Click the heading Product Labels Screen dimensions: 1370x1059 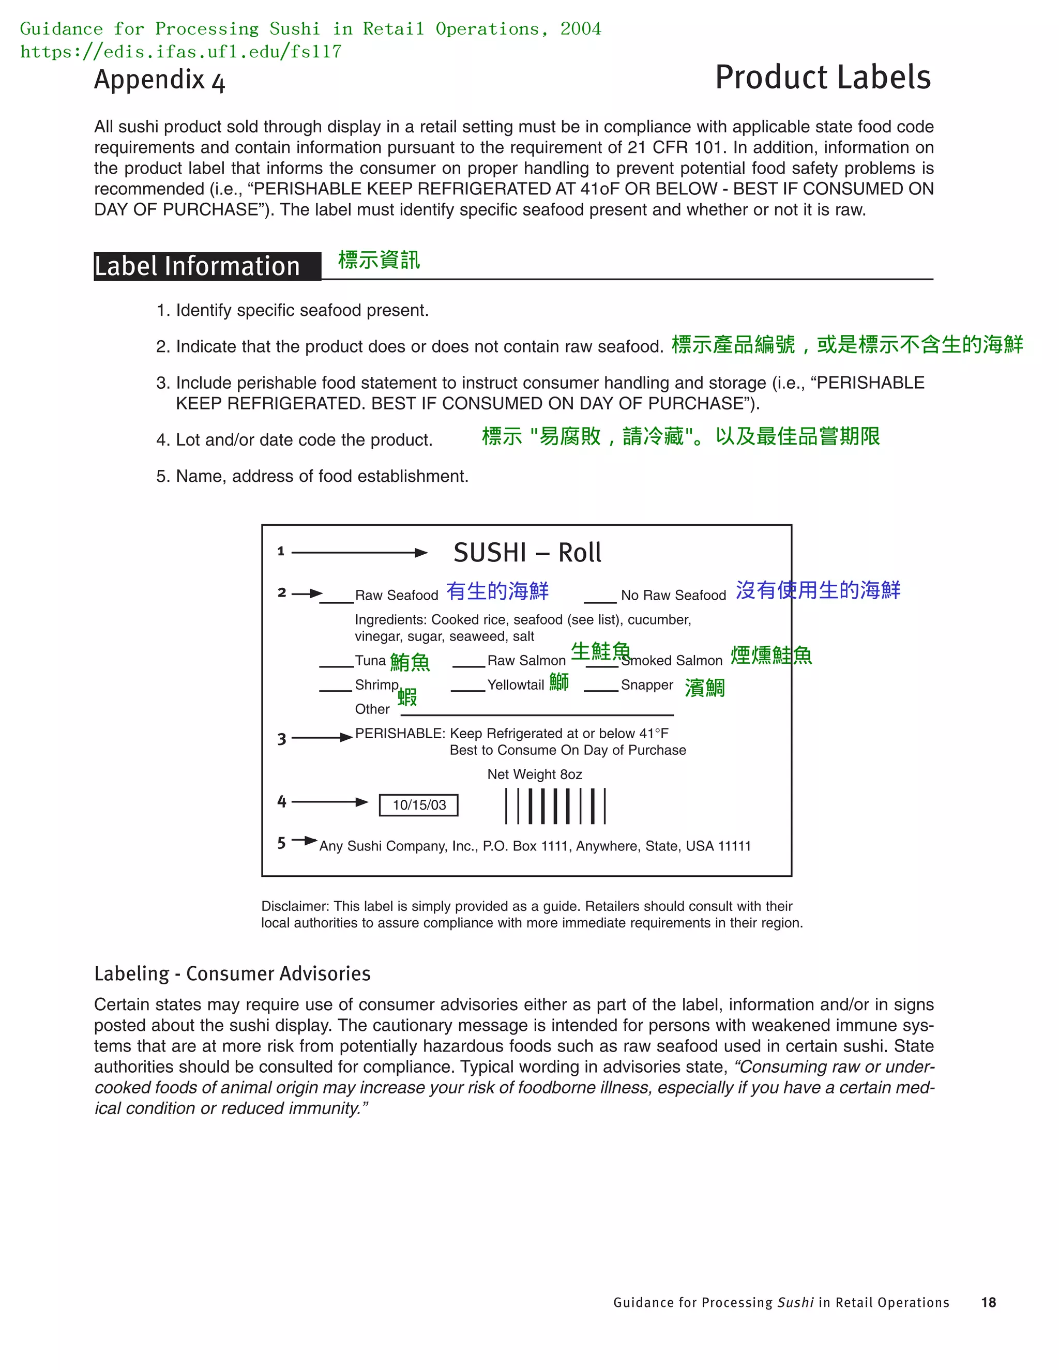(823, 78)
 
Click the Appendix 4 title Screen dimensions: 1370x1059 (159, 80)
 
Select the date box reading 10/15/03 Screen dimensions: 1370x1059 (418, 805)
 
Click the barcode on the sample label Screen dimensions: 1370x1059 (555, 806)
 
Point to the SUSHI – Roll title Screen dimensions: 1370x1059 (527, 553)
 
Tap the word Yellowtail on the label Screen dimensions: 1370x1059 (515, 685)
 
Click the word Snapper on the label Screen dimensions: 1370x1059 (647, 685)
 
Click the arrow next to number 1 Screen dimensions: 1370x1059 (359, 553)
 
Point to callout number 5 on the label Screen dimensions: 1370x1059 (282, 843)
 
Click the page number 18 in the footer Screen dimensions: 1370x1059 (988, 1302)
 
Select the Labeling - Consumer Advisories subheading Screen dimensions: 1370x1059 (232, 973)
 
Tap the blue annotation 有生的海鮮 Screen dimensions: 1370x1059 (497, 591)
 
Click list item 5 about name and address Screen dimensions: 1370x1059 (312, 476)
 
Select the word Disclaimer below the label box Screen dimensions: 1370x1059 (294, 906)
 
